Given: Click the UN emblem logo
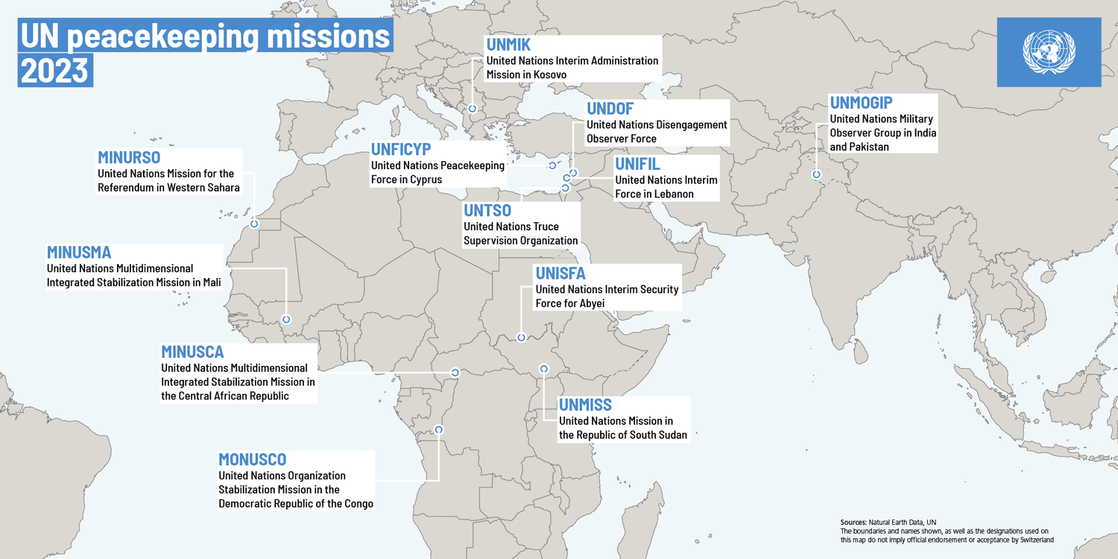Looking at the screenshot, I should tap(1049, 51).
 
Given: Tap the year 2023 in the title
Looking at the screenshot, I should tap(54, 71).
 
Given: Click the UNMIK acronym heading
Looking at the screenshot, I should tap(508, 45).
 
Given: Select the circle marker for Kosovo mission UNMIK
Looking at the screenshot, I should tap(473, 109).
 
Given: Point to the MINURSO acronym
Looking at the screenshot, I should tap(129, 157).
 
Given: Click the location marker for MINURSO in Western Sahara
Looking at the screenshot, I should tap(254, 223).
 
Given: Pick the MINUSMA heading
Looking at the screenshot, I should tap(79, 252).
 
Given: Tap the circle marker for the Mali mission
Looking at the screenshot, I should tap(286, 320).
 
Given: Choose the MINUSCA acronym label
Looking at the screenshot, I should tap(192, 352).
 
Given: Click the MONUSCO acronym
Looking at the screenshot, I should tap(252, 459).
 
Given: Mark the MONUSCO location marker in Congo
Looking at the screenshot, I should tap(438, 429).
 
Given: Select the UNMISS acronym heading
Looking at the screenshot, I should tap(585, 405).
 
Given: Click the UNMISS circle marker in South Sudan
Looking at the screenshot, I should tap(543, 368).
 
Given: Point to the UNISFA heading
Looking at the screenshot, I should tap(560, 274).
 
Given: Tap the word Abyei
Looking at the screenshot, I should tap(589, 303).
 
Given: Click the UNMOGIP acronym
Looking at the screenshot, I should tap(861, 103).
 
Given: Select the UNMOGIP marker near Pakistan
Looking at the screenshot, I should tap(817, 174).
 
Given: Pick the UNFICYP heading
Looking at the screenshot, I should tap(401, 149).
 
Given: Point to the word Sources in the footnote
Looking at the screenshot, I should tap(853, 522).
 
